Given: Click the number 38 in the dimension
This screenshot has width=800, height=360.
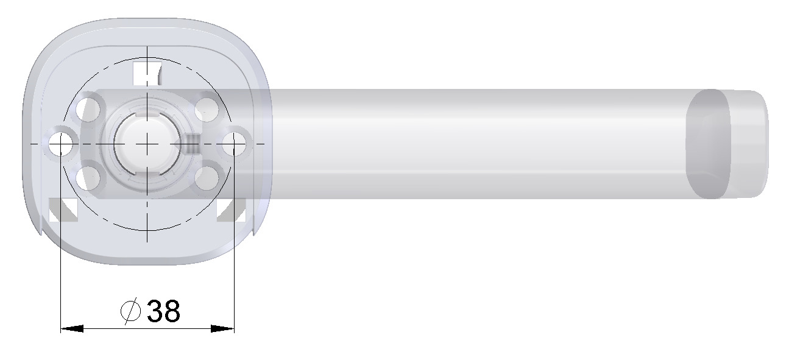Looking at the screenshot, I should (x=164, y=312).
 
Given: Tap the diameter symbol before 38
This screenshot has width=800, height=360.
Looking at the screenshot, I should (x=130, y=312).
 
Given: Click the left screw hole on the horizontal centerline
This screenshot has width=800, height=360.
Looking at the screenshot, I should (x=61, y=144).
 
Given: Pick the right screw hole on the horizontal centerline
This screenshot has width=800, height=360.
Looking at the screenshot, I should (x=234, y=144).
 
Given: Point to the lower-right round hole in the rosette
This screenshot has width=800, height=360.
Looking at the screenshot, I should (x=207, y=177).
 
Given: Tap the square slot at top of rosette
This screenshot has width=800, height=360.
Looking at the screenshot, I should (x=146, y=72).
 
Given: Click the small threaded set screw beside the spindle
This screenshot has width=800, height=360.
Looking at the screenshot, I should (x=191, y=144).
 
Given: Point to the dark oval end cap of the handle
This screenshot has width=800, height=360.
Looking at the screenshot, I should (x=708, y=144).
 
